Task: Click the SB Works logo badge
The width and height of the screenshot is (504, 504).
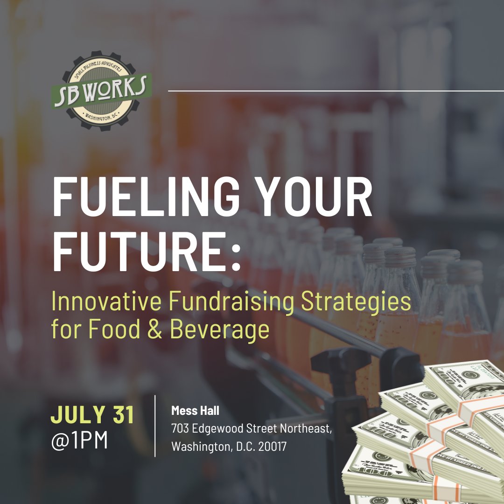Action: (101, 91)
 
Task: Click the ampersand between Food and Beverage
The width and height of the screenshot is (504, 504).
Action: (156, 329)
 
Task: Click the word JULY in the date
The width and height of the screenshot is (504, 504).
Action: (77, 415)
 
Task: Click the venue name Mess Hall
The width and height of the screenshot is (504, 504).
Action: (195, 411)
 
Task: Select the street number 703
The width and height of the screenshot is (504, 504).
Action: (180, 429)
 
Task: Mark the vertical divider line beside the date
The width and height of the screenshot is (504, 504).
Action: (155, 426)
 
